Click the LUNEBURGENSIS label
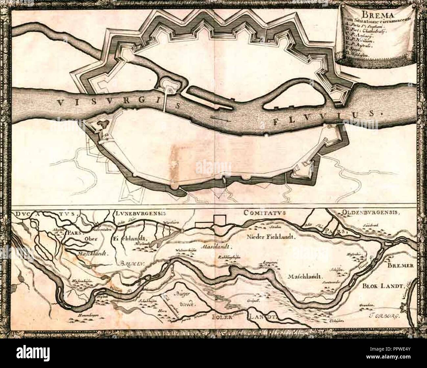tap(142, 213)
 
